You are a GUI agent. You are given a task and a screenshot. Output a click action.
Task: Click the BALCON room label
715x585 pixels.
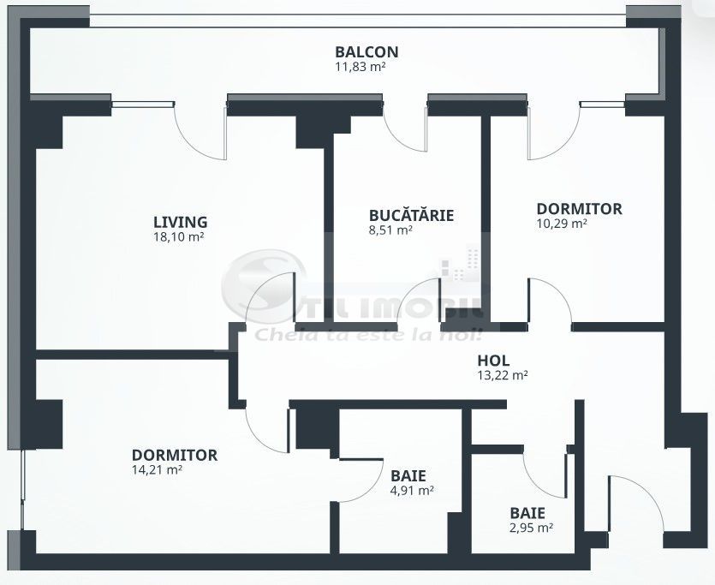(366, 51)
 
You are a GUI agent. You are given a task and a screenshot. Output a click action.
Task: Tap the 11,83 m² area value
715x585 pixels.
(360, 66)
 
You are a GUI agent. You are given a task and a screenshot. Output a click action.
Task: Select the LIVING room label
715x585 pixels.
(180, 223)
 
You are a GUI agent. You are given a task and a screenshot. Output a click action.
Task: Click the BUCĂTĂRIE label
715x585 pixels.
(411, 215)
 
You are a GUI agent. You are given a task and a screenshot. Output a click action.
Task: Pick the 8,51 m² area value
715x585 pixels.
(390, 230)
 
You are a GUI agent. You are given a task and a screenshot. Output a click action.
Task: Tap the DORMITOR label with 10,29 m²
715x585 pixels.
(579, 209)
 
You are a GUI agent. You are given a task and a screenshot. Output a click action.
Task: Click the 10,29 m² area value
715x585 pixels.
(561, 224)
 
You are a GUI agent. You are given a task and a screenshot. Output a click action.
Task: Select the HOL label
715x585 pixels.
(494, 361)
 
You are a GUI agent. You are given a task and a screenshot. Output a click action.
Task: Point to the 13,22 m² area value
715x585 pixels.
(502, 375)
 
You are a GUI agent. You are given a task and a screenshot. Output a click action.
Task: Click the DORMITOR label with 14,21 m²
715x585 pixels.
(175, 455)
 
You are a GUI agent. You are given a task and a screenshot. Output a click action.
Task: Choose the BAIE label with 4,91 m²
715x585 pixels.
(408, 475)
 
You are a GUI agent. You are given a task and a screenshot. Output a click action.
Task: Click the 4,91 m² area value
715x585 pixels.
(412, 490)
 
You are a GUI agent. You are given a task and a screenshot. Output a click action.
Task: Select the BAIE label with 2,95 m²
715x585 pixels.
(527, 513)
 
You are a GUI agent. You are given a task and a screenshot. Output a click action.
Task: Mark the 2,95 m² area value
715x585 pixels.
(531, 528)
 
